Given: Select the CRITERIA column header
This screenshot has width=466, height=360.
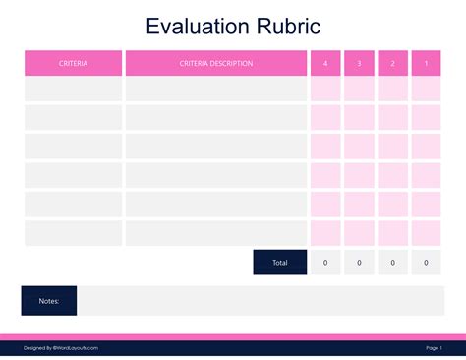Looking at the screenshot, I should click(74, 63).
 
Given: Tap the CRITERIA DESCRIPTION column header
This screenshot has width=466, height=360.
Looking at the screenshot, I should click(216, 63).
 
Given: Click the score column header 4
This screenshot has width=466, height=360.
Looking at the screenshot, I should click(325, 63).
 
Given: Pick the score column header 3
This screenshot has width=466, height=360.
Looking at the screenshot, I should click(359, 63).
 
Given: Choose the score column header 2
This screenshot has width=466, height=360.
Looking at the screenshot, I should click(392, 63).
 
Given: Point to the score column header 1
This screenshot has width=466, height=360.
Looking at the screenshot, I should click(426, 63).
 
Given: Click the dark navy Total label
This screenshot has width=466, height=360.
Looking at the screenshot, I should click(280, 263).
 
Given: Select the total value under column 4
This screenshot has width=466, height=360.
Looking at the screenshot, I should click(325, 263).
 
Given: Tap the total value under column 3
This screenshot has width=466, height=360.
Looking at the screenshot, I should click(359, 263).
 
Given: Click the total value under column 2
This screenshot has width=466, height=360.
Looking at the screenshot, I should click(392, 263).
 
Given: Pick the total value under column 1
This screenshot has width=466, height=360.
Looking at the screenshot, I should click(426, 263).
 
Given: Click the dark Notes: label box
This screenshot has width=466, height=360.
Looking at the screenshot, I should click(49, 301).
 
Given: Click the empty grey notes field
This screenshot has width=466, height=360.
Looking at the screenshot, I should click(261, 301).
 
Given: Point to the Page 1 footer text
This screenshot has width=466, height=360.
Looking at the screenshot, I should click(434, 347).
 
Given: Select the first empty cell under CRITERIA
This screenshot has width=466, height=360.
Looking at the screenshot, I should click(74, 90).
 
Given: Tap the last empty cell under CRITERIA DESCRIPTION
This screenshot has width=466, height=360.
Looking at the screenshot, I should click(216, 234).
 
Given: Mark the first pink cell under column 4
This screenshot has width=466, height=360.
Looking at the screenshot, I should click(325, 90).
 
